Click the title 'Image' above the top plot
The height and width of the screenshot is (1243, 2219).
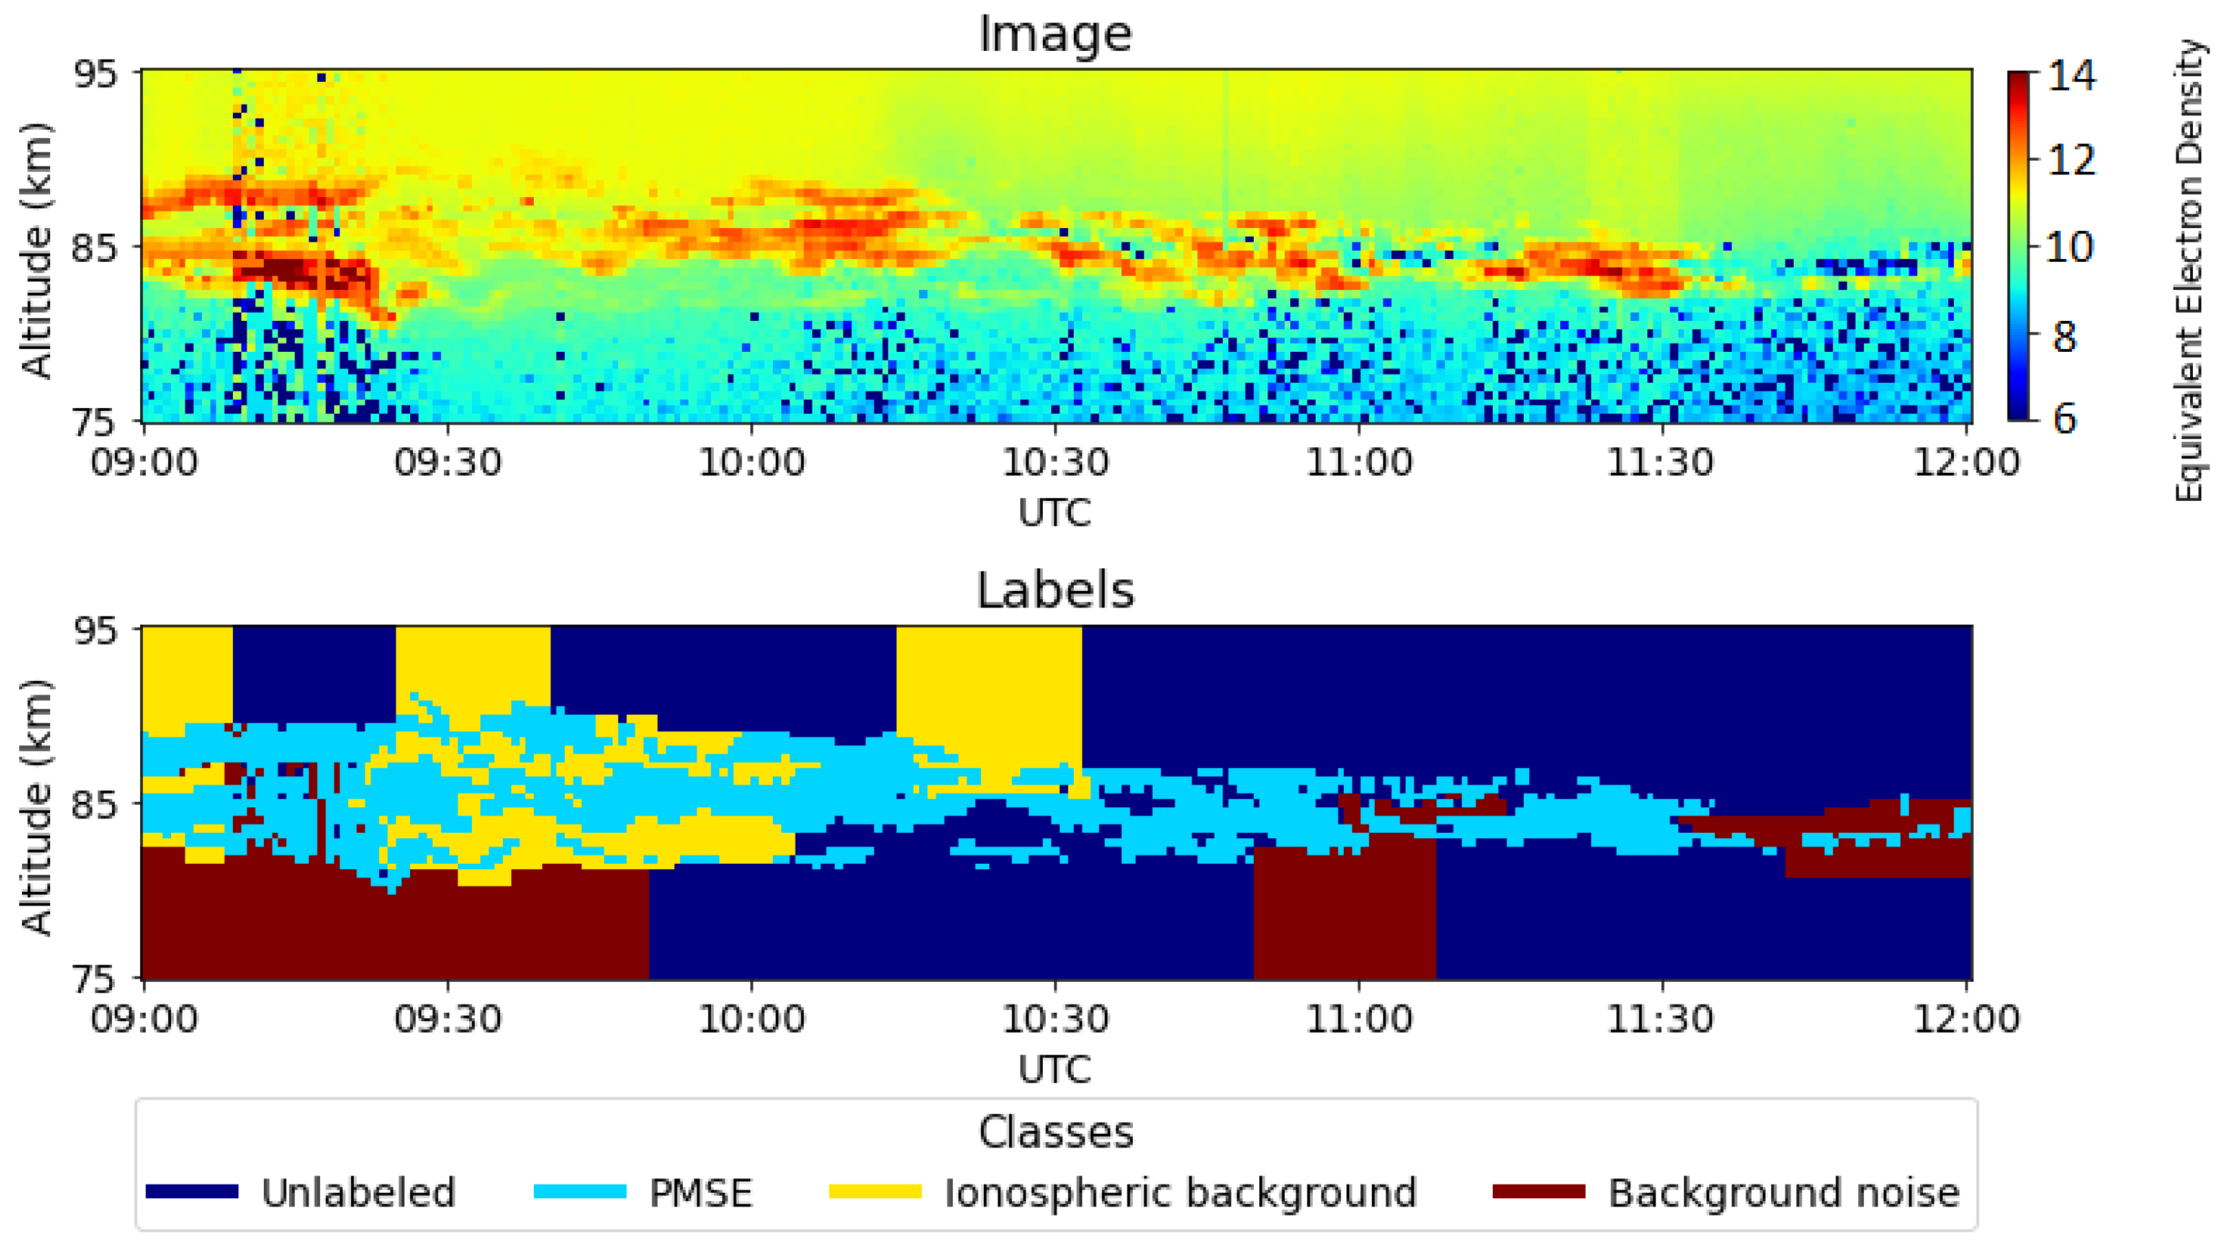point(1055,34)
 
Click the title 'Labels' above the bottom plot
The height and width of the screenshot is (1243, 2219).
point(1055,591)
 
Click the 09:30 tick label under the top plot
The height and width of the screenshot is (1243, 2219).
point(447,462)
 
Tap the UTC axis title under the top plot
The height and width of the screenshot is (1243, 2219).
point(1055,513)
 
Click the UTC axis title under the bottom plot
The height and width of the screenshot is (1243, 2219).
point(1055,1070)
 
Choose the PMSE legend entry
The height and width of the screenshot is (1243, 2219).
point(699,1193)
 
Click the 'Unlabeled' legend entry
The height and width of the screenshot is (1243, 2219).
point(357,1193)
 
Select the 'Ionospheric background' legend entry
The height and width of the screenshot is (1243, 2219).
point(1180,1193)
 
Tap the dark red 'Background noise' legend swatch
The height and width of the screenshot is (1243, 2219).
point(1538,1192)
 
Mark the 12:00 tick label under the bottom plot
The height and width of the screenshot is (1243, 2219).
point(1965,1019)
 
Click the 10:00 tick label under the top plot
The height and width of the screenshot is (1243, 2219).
point(751,462)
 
